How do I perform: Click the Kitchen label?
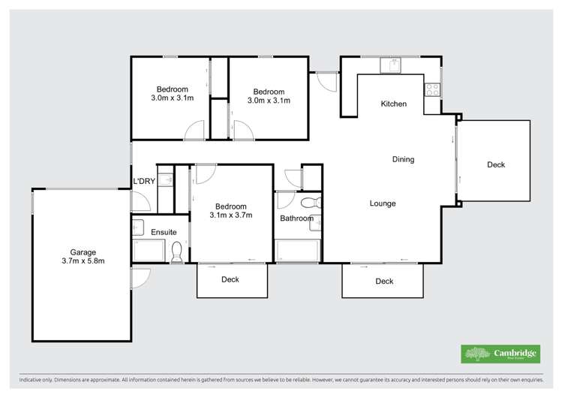394,104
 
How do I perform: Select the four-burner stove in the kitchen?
432,89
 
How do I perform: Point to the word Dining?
403,159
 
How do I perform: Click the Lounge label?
382,204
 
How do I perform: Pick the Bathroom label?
296,219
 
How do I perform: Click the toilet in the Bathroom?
308,204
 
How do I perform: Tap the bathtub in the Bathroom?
298,250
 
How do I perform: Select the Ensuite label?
164,232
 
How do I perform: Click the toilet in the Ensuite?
177,251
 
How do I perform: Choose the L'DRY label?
143,182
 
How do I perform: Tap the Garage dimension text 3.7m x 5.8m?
83,261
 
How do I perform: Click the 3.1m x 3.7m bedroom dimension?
231,216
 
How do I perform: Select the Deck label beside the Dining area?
496,165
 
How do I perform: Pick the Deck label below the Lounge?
384,282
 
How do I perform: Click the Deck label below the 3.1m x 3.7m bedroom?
230,280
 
